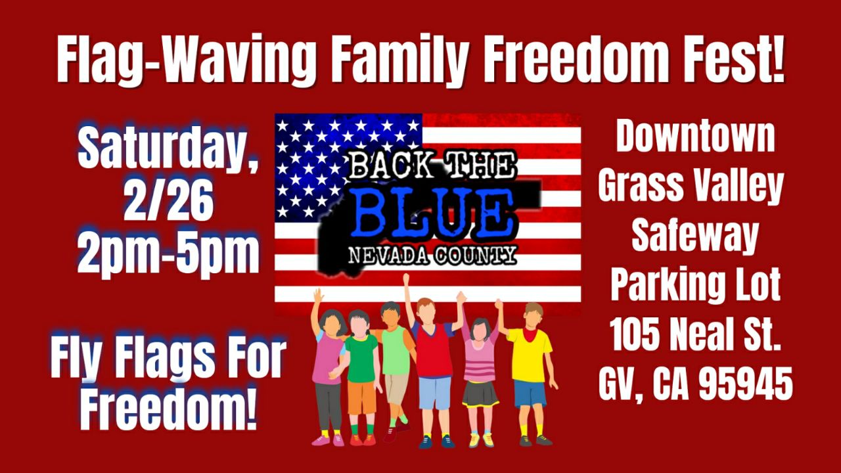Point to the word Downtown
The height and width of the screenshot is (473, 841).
coord(695,136)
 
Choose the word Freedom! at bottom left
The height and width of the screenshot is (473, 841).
coord(168,411)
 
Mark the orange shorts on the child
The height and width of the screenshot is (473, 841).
coord(361,397)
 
